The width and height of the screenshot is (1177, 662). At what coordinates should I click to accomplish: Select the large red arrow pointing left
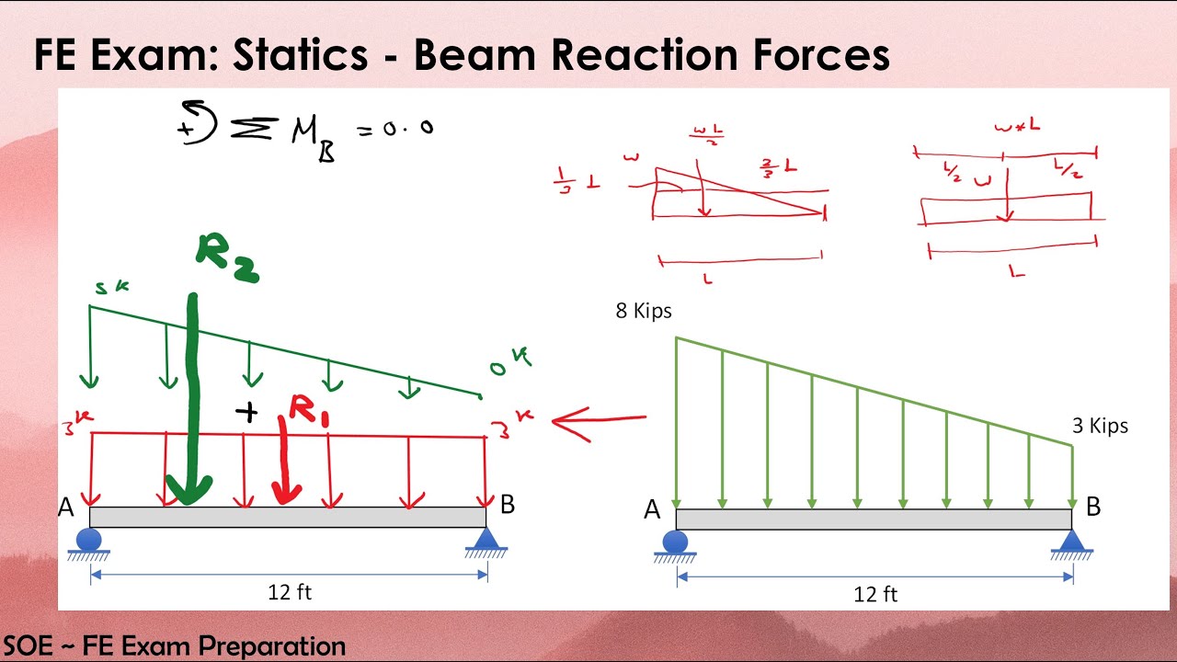[x=598, y=422]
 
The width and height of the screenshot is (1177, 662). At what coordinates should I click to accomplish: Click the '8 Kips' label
[x=644, y=312]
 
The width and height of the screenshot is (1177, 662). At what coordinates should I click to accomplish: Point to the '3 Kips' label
[x=1100, y=426]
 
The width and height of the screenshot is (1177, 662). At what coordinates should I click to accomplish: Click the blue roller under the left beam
[x=89, y=539]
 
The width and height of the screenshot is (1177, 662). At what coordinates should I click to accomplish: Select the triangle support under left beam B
[x=486, y=539]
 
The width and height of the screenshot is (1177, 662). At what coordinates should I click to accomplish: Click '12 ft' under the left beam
[x=290, y=592]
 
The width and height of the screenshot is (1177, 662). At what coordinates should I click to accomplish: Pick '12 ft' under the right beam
[x=875, y=595]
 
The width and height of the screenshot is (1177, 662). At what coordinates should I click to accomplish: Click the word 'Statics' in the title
[x=300, y=55]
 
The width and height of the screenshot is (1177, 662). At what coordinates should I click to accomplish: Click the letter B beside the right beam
[x=1093, y=507]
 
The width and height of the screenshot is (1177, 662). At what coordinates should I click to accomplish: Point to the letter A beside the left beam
[x=66, y=508]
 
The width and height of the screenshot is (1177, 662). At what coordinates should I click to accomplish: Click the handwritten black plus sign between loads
[x=246, y=412]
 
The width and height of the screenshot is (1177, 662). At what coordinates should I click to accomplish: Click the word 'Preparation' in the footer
[x=272, y=645]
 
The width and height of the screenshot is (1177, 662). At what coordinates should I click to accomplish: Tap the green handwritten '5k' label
[x=111, y=289]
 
